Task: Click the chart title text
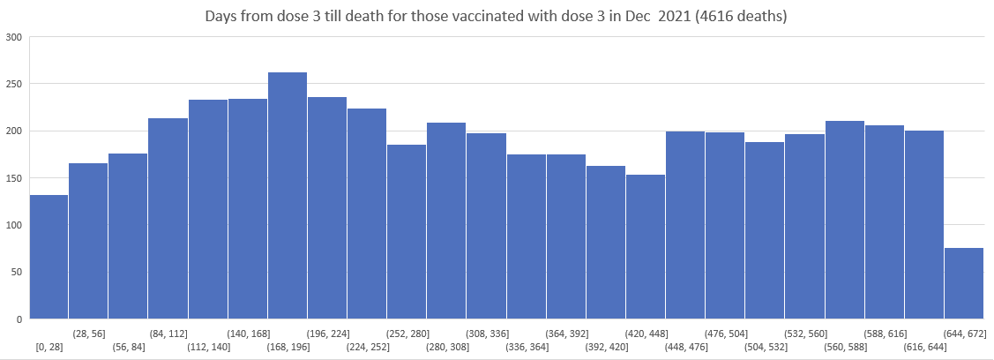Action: tap(497, 17)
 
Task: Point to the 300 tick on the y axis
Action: tap(13, 37)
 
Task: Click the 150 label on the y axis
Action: tap(13, 177)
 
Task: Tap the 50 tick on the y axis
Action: tap(16, 272)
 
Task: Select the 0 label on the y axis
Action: tap(19, 319)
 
